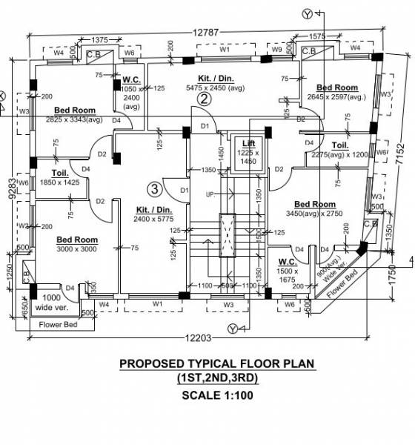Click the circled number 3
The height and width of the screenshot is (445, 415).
153,188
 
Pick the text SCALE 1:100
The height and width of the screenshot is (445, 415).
217,395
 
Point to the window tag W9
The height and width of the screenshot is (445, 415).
277,49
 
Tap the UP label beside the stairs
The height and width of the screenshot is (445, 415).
210,194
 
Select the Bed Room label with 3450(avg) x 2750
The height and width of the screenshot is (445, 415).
315,205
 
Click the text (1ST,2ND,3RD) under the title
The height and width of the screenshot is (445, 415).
217,379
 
